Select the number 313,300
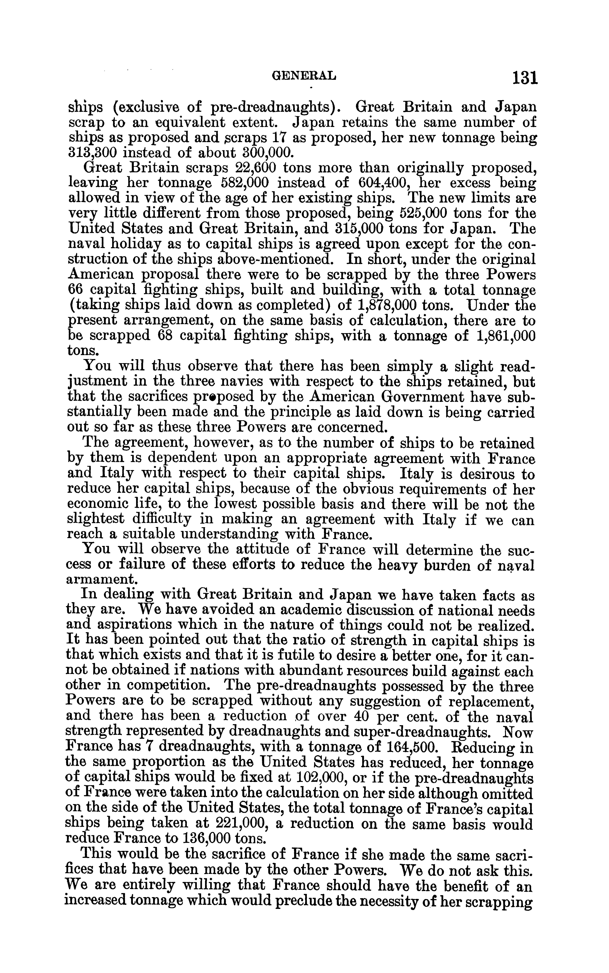click(91, 153)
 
